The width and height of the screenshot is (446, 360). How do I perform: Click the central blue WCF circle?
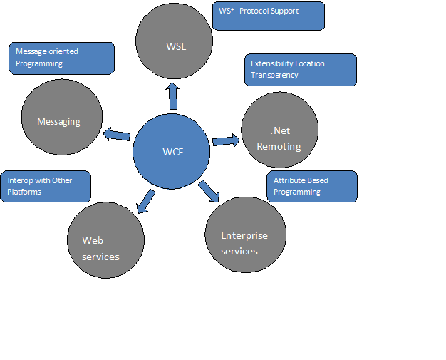point(172,150)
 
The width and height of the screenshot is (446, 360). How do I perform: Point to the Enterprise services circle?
point(245,235)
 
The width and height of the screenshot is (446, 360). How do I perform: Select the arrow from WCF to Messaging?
point(117,135)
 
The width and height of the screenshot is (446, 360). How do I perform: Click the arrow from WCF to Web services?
point(145,200)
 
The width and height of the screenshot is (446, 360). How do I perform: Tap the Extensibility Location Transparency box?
point(300,69)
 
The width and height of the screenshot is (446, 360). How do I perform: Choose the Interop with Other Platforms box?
point(46,186)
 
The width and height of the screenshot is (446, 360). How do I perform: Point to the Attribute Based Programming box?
point(312,186)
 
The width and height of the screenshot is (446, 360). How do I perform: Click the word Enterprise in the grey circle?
point(244,235)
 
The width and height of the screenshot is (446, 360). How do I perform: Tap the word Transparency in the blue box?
point(274,75)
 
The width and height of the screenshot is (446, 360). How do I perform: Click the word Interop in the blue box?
point(19,180)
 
